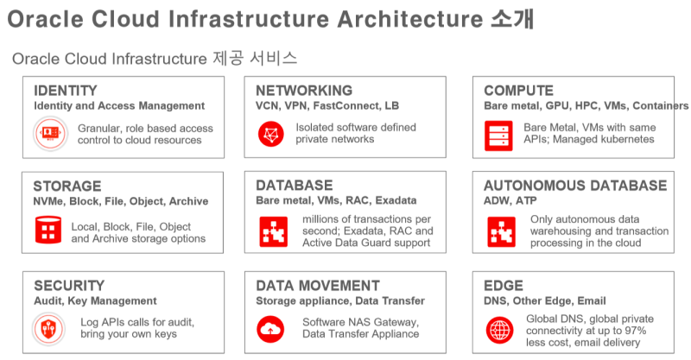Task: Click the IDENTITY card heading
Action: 65,91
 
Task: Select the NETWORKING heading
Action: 304,91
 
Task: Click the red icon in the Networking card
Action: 271,134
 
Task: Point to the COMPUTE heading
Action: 518,91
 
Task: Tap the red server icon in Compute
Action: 499,134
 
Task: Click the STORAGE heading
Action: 67,186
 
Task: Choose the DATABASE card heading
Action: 294,186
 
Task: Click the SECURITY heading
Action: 69,286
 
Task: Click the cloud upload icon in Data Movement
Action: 271,328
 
